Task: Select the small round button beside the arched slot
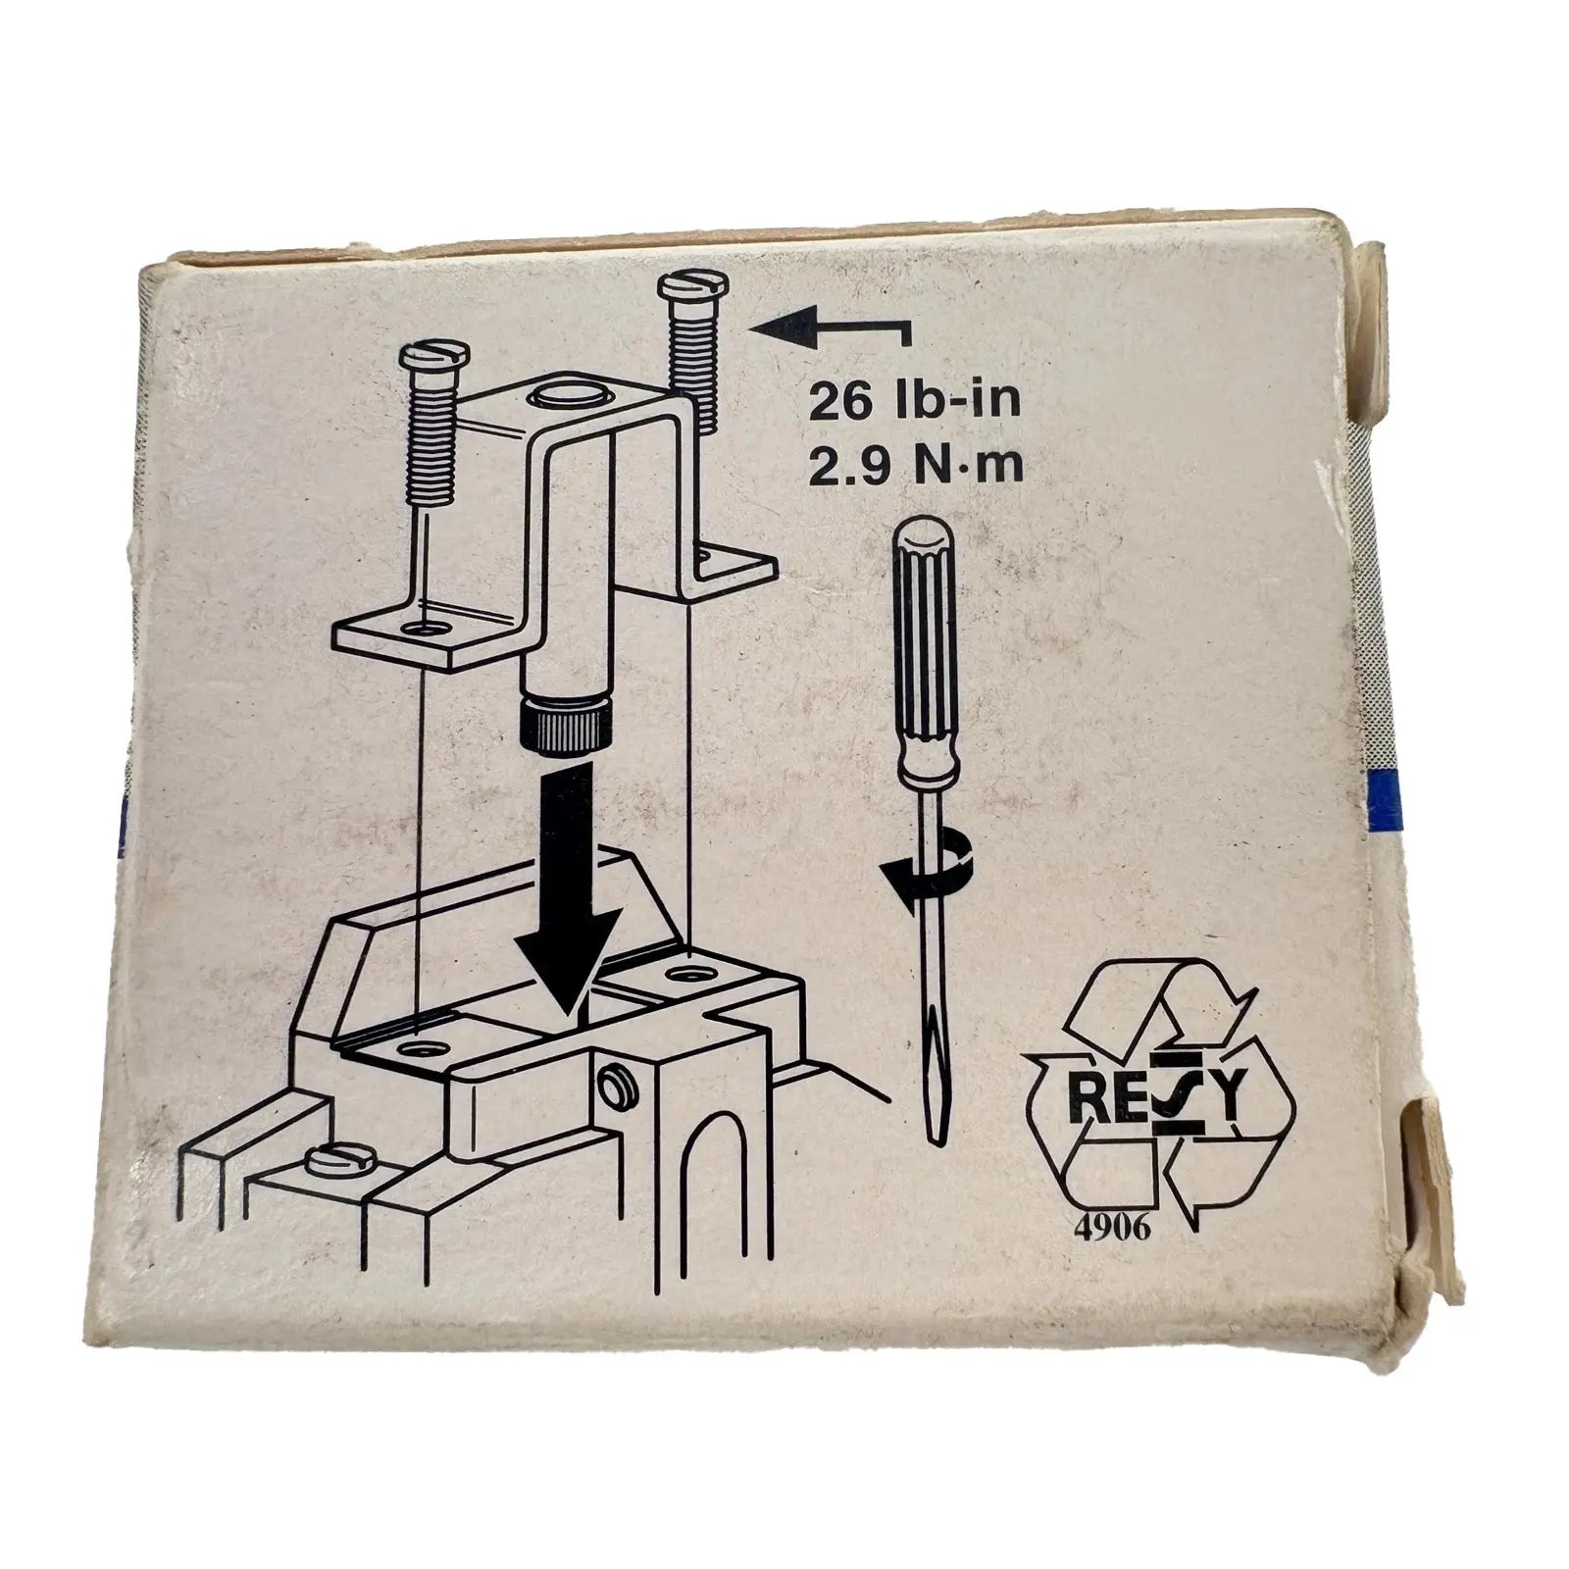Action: click(616, 1088)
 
